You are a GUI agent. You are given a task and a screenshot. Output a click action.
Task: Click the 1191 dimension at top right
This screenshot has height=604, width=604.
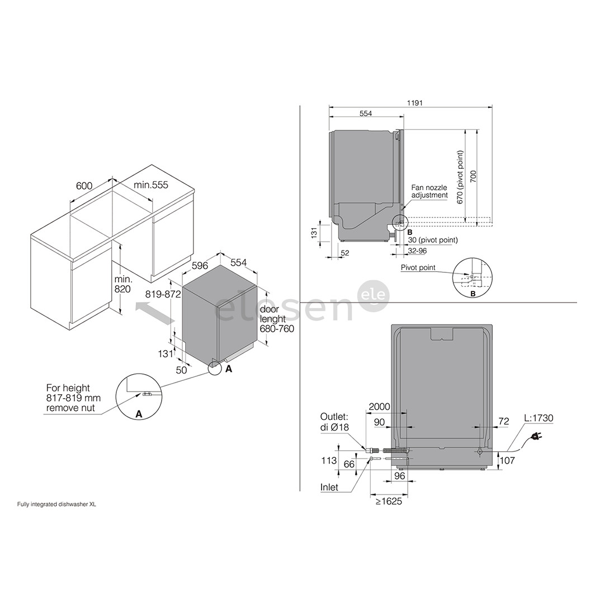tap(414, 102)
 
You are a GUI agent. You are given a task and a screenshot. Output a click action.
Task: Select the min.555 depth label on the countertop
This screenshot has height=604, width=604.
tap(150, 185)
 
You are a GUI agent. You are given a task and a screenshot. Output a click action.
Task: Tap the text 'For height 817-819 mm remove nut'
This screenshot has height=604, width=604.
tap(69, 398)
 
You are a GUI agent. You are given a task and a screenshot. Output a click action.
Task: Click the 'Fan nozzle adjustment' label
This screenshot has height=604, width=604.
tap(430, 191)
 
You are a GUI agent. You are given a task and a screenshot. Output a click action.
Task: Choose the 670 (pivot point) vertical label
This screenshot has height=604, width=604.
tap(460, 177)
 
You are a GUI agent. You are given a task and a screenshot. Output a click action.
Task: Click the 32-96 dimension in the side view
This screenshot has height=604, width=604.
tap(417, 251)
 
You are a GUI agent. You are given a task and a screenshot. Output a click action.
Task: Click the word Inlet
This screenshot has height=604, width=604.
tap(329, 487)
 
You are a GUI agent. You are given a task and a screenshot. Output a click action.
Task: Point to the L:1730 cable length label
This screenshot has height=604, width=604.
tap(538, 418)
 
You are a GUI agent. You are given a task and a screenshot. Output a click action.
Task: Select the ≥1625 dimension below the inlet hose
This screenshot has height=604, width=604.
tap(388, 502)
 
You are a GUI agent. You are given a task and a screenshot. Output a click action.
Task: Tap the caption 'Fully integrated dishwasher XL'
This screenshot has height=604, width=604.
tap(56, 504)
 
